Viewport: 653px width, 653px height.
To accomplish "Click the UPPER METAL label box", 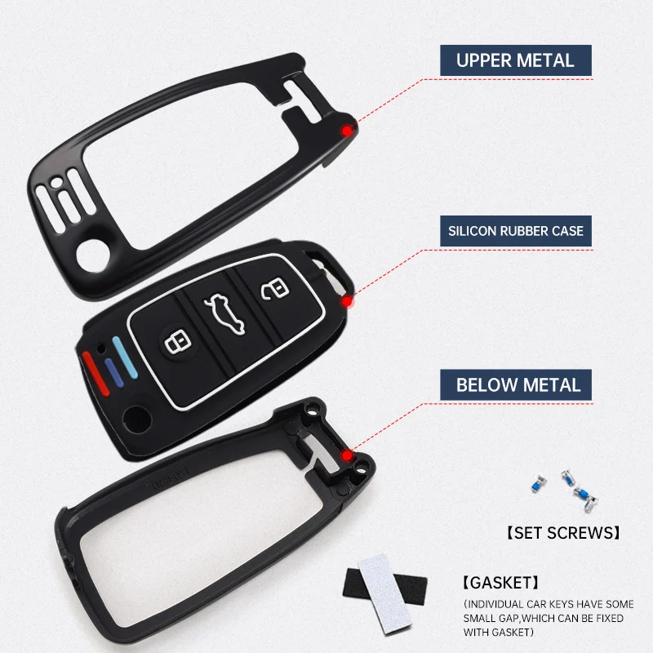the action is pos(515,60).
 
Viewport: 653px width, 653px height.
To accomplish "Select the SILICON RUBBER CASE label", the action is pos(516,231).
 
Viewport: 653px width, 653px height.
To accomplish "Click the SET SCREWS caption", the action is pos(561,532).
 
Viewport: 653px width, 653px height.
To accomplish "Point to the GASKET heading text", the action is pos(499,583).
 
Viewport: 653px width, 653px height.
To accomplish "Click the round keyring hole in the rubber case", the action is pos(131,422).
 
